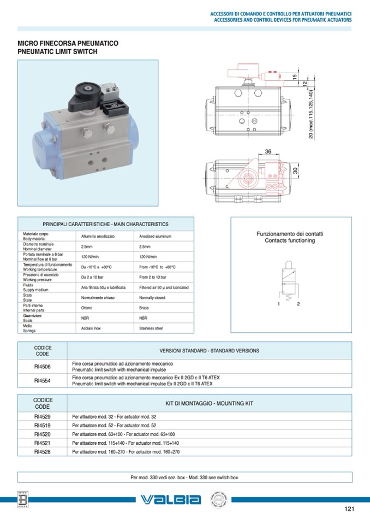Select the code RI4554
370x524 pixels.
click(42, 380)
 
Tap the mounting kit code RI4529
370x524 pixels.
click(42, 417)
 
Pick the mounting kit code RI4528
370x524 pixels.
click(42, 452)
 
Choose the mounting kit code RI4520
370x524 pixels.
click(42, 434)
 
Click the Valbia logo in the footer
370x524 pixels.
click(170, 499)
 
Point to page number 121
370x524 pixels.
click(350, 509)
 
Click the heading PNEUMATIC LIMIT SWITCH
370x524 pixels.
click(57, 51)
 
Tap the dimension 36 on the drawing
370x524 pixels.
click(268, 151)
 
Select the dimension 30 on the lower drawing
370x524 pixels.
click(295, 171)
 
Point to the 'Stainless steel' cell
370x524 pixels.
click(151, 328)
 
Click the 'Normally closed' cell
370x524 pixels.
click(152, 298)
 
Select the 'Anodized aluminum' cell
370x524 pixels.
click(156, 237)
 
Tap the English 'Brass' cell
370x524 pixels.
click(145, 308)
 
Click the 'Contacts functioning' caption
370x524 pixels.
click(290, 240)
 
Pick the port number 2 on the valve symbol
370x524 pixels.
click(299, 303)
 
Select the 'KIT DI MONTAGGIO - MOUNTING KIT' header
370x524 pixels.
click(209, 403)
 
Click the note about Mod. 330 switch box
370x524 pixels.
click(184, 477)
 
